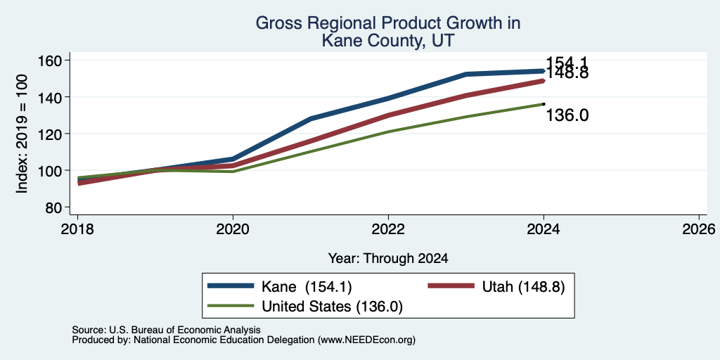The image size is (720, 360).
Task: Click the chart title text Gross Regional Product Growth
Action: (x=388, y=23)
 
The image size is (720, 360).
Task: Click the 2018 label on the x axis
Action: (x=77, y=229)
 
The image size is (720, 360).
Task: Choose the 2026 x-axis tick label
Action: (x=699, y=229)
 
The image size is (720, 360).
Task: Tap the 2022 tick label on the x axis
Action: (x=388, y=229)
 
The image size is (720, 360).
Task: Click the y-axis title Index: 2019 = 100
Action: (x=22, y=134)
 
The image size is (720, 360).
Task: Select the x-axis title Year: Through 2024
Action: (x=388, y=259)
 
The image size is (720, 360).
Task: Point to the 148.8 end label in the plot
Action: (x=567, y=73)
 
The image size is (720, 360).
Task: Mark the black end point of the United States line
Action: (x=544, y=104)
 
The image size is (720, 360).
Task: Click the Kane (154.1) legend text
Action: (x=307, y=287)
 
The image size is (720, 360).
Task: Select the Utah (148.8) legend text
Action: (x=523, y=287)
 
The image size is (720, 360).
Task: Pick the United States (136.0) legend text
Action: (x=332, y=307)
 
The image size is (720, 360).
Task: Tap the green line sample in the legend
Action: (x=231, y=305)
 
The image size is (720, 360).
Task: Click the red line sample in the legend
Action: (x=451, y=286)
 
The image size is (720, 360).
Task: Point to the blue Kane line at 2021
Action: (x=311, y=119)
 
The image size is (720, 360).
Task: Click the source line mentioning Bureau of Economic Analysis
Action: (x=166, y=330)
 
